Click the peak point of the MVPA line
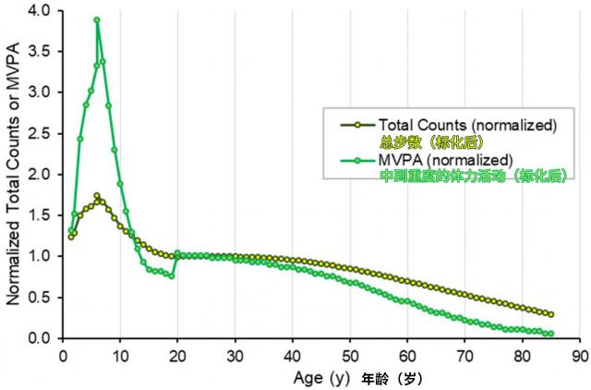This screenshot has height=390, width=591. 97,19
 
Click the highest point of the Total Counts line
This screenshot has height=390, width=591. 97,196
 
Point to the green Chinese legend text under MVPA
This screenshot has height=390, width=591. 472,177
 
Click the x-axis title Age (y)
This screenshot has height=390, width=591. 321,377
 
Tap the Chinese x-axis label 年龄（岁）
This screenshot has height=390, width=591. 392,378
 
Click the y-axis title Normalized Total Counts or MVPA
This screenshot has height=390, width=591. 14,175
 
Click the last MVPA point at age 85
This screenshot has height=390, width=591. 550,334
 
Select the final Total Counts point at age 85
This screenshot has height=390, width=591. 550,314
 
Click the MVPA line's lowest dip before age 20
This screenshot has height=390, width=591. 172,275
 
